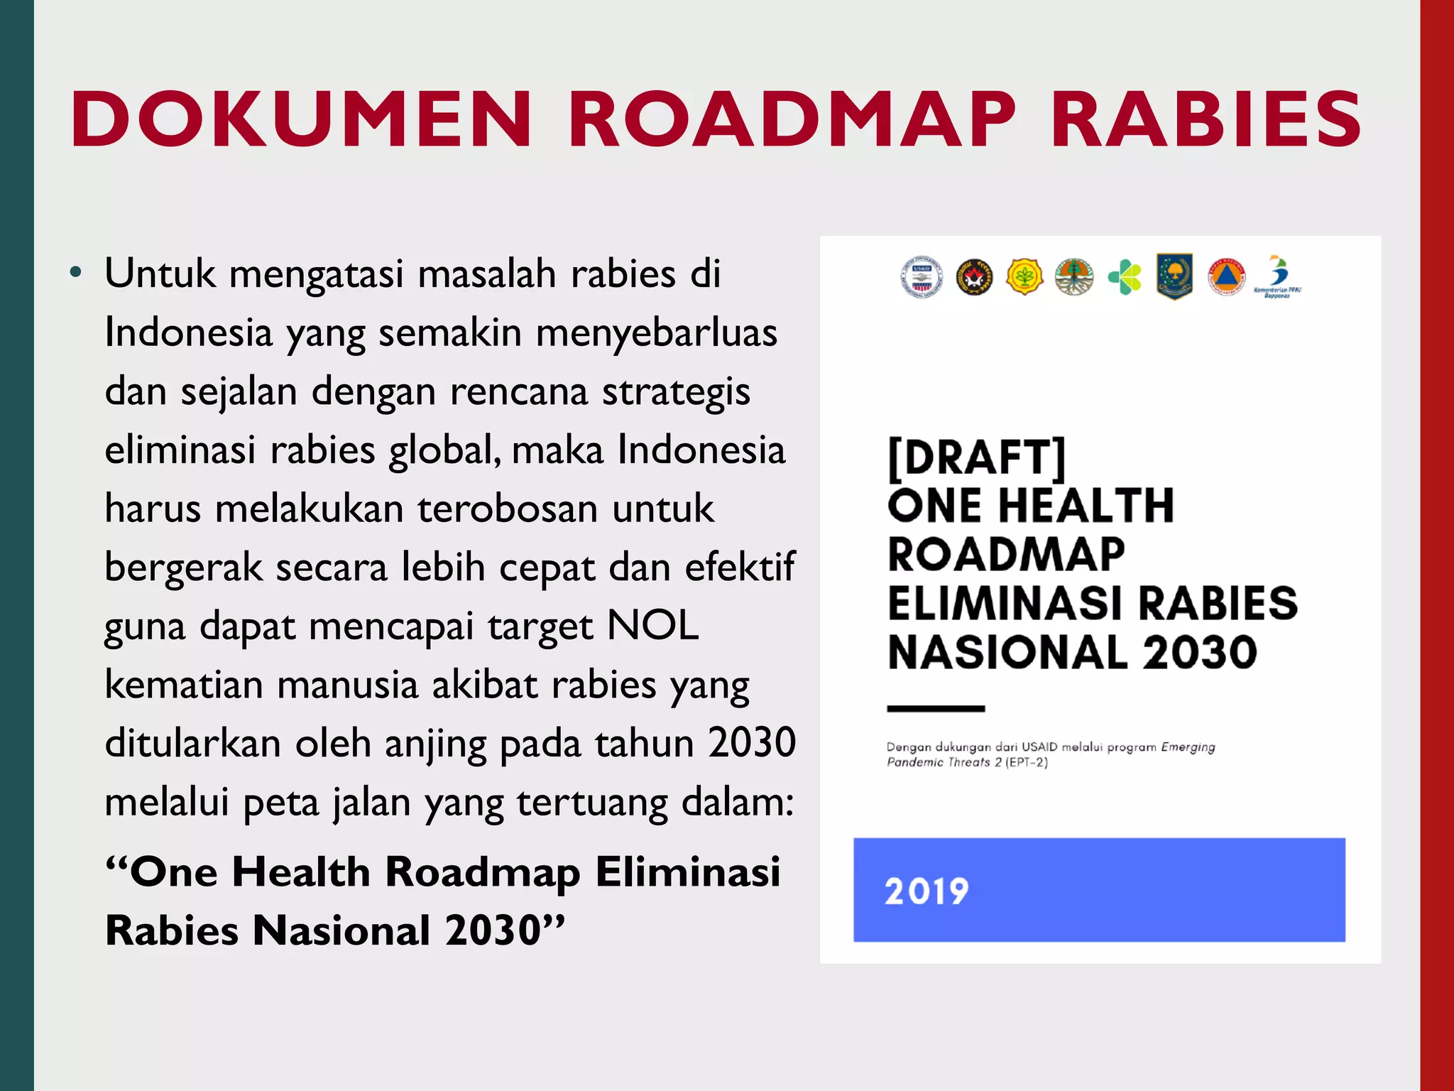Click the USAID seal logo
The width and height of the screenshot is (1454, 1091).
[922, 276]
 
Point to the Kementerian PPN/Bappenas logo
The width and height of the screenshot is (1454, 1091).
[1277, 276]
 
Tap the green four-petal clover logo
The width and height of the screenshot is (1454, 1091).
[1125, 277]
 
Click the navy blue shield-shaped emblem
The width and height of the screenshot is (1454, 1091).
[1174, 276]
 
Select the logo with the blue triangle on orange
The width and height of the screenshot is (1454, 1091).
[1226, 277]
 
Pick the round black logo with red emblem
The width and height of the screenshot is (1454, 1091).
[974, 277]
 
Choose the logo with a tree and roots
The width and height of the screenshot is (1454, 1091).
[1074, 277]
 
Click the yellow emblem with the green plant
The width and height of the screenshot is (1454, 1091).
[1024, 277]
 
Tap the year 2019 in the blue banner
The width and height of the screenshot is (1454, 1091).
[926, 891]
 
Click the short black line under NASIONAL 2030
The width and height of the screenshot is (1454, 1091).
[936, 708]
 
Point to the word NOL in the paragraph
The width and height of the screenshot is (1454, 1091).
[653, 626]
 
